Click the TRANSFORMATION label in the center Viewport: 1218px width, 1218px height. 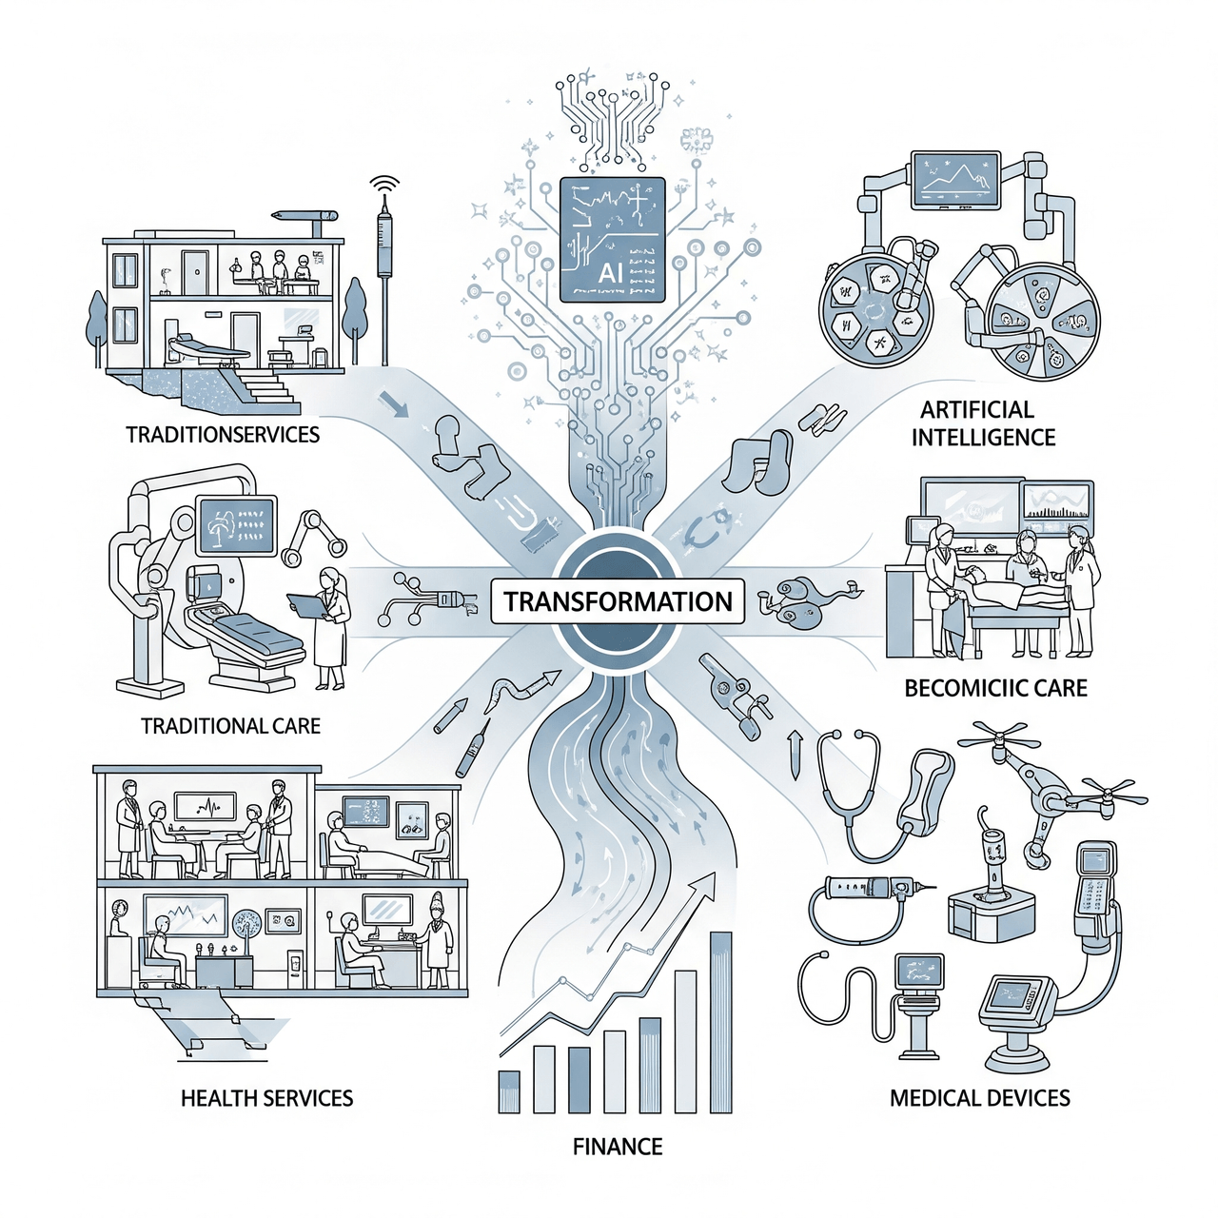coord(618,601)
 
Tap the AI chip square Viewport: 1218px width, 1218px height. coord(613,239)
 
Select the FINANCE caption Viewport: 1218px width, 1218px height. coord(618,1146)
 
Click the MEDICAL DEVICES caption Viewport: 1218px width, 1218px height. coord(980,1097)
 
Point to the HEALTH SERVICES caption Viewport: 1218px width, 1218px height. coord(266,1097)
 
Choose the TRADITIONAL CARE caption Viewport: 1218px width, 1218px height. coord(230,726)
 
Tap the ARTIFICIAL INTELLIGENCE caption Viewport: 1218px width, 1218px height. coord(983,423)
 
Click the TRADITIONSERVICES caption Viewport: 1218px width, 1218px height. coord(223,435)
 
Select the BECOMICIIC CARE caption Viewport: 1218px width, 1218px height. coord(995,688)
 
